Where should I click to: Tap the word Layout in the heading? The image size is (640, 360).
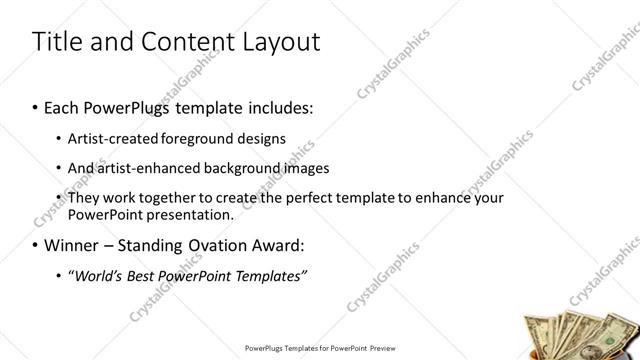coord(278,42)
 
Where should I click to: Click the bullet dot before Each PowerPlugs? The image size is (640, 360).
coord(36,106)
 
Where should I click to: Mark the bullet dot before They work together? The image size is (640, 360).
coord(59,198)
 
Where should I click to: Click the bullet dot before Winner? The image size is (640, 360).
coord(36,245)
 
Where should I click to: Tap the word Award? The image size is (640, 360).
coord(280,244)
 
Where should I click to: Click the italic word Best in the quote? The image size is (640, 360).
coord(141,275)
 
